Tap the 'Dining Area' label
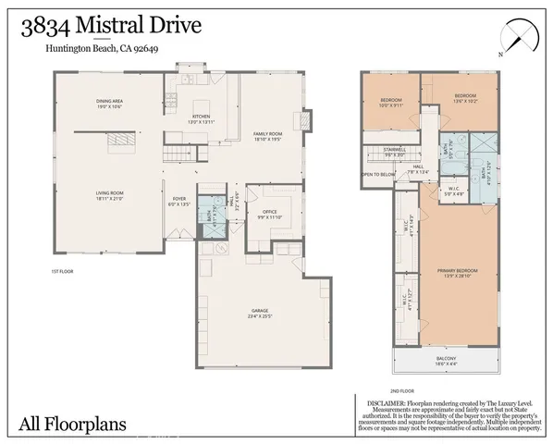[110, 103]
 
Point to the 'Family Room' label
[267, 135]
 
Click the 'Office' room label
[270, 214]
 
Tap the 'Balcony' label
[446, 361]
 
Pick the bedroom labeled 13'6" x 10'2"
[464, 99]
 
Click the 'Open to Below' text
[378, 174]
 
